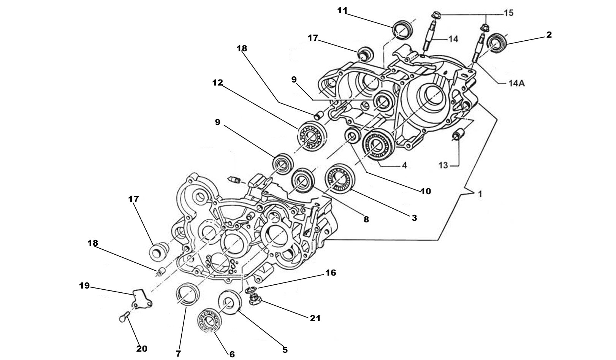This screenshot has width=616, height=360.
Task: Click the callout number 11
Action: (342, 11)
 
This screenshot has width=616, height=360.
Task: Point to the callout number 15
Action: (508, 13)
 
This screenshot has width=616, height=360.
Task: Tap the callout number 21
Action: (315, 318)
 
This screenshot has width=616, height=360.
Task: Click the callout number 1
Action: (480, 194)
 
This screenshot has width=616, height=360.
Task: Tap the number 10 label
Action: (426, 191)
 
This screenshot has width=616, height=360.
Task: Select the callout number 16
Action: (331, 273)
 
